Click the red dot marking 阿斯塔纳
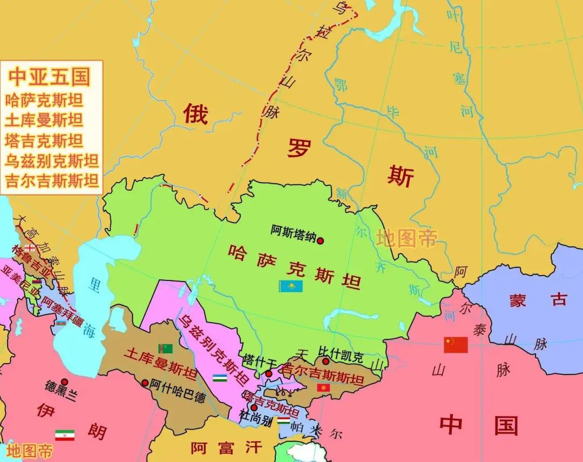(320, 241)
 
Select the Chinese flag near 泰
(456, 345)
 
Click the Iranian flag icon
(65, 435)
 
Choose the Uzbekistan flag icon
(220, 377)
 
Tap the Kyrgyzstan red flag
(323, 388)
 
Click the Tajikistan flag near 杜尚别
(283, 420)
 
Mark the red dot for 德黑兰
(64, 381)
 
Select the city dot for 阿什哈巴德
(145, 383)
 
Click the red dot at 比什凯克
(326, 361)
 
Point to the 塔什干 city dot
(268, 373)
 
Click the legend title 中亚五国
(49, 77)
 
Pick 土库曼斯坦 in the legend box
(44, 120)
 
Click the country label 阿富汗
(226, 447)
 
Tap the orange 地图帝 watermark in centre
(406, 238)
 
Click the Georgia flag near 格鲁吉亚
(30, 247)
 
